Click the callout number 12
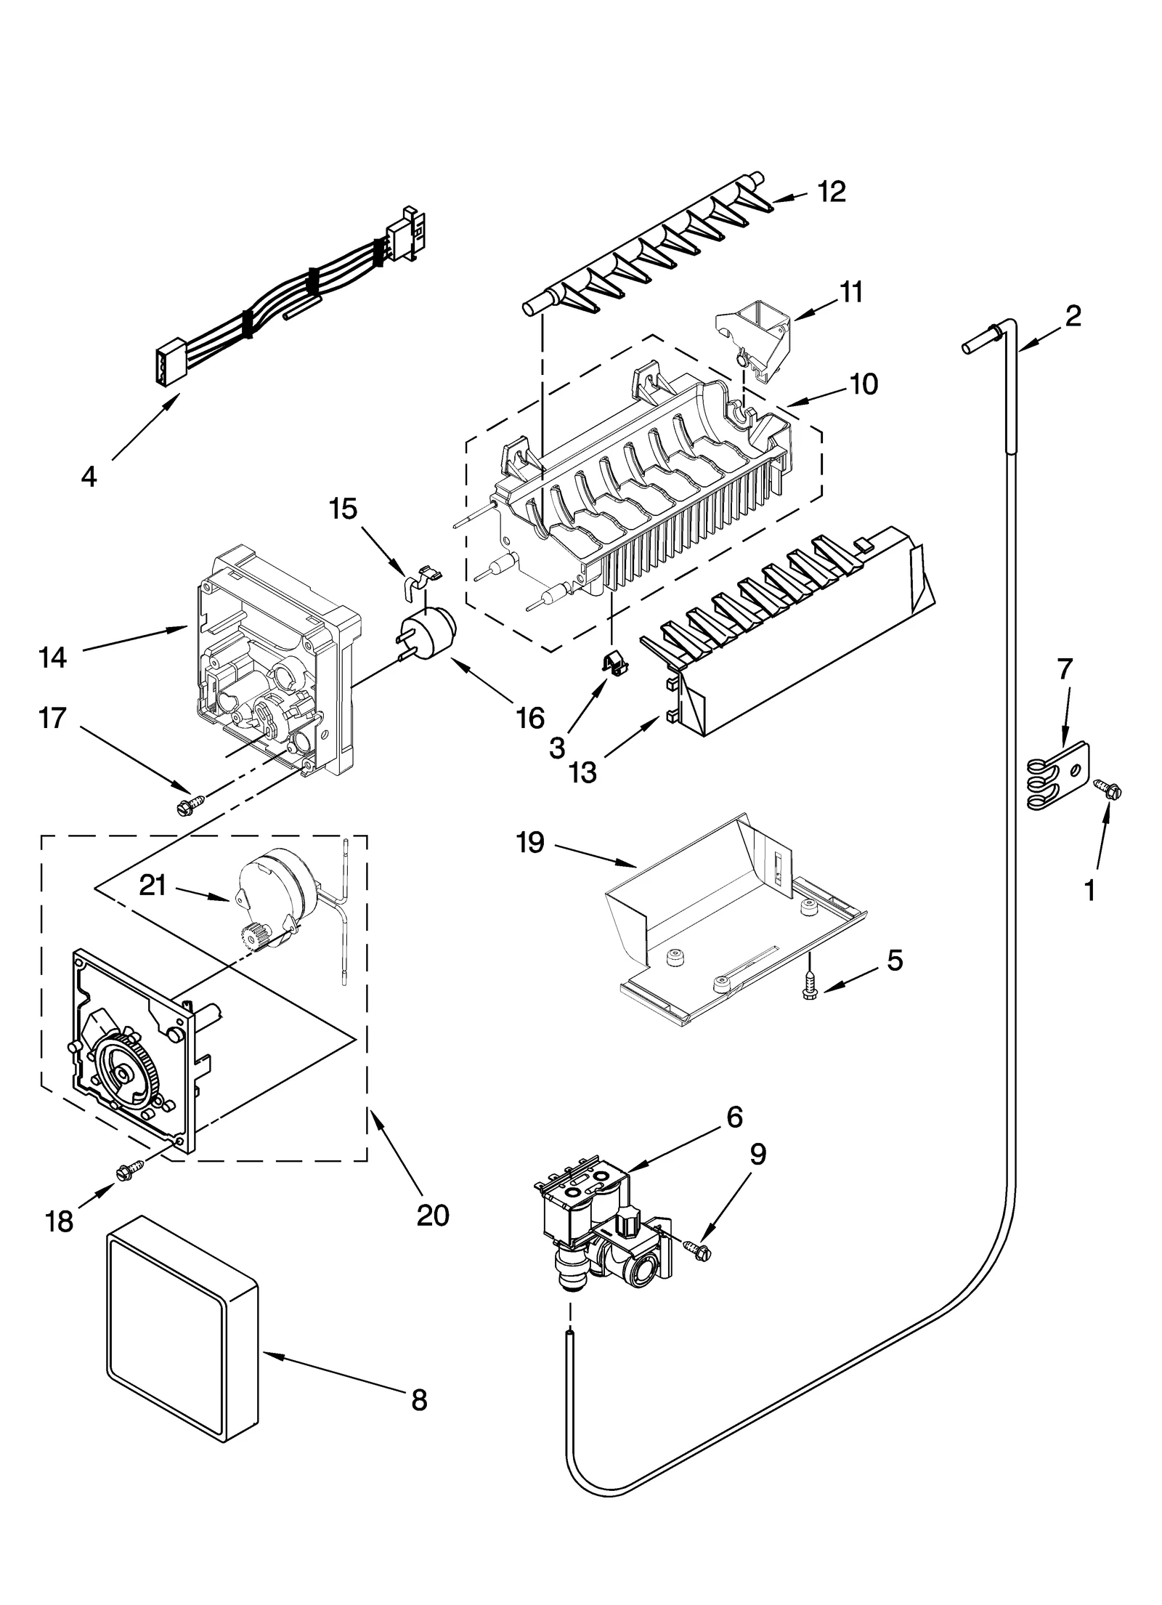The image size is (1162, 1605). pyautogui.click(x=832, y=192)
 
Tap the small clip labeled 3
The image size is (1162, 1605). pyautogui.click(x=614, y=660)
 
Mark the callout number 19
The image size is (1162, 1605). pyautogui.click(x=531, y=844)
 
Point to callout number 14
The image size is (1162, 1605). pyautogui.click(x=53, y=658)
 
